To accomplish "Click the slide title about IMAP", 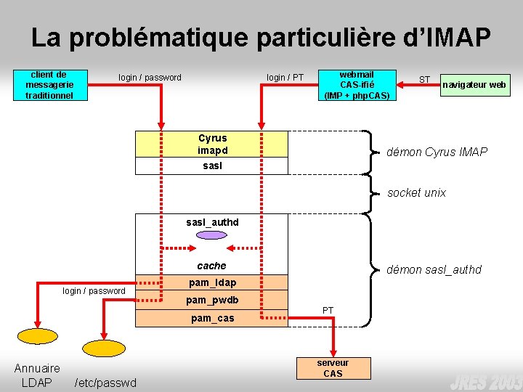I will pos(261,38).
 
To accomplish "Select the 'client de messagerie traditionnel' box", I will pos(49,85).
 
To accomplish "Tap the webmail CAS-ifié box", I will pos(357,85).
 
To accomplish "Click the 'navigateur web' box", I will pos(474,85).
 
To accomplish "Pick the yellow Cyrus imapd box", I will pos(212,144).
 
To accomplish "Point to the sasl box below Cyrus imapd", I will pos(212,166).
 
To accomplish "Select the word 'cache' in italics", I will pos(212,266).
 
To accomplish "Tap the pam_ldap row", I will pos(212,282).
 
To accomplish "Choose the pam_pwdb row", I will pos(212,300).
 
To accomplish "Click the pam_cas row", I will pos(212,318).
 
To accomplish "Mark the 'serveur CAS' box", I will pos(333,368).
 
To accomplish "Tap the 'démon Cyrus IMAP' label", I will pos(437,152).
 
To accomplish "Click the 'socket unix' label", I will pos(416,192).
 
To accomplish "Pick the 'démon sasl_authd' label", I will pos(434,269).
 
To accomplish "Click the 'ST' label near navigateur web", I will pos(424,79).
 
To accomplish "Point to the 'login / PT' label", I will pos(285,78).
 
